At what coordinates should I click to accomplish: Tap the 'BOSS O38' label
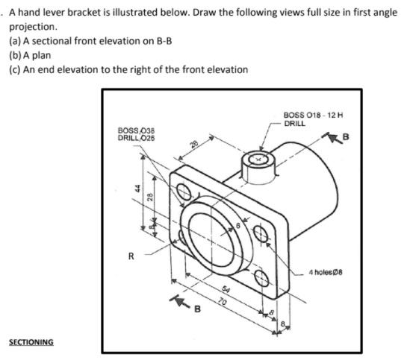click(x=134, y=130)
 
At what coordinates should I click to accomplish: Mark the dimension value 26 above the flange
click(x=193, y=145)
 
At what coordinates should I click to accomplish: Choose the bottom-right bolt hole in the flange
click(x=262, y=278)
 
